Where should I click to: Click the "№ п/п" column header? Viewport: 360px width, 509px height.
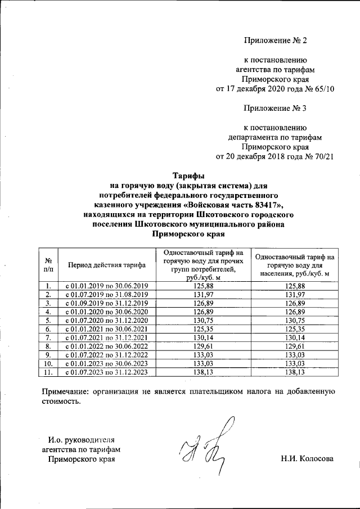point(48,264)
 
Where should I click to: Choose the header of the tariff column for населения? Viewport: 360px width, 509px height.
point(294,264)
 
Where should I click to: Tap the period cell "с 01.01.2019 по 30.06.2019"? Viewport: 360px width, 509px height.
point(106,286)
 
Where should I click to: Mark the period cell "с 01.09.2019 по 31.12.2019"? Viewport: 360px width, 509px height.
point(106,303)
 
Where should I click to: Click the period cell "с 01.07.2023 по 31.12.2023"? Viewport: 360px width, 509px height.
point(106,372)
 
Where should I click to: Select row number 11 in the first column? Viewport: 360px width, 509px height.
point(48,372)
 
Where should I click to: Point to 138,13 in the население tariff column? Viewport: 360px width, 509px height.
point(294,372)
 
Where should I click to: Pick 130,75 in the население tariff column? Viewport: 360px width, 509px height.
point(294,320)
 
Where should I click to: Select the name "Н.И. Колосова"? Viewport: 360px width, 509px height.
point(307,459)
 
